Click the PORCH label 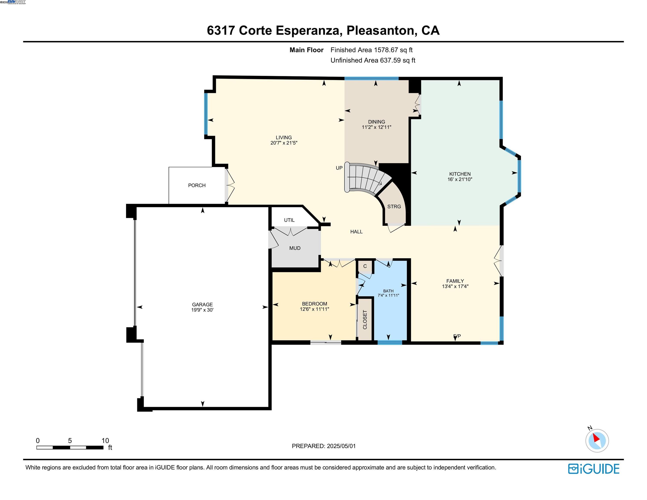[x=197, y=185]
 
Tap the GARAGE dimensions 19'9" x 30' [x=202, y=310]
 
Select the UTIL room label [x=289, y=220]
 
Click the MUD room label [x=295, y=248]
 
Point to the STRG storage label [x=394, y=206]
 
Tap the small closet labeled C [x=365, y=266]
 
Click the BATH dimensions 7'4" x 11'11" [x=388, y=295]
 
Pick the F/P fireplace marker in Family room [x=457, y=336]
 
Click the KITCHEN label [x=460, y=174]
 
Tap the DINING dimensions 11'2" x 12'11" [x=377, y=127]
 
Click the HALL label [x=356, y=232]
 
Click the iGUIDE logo [x=594, y=469]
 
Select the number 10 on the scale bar [x=105, y=441]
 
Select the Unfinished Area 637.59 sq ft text [x=373, y=60]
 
